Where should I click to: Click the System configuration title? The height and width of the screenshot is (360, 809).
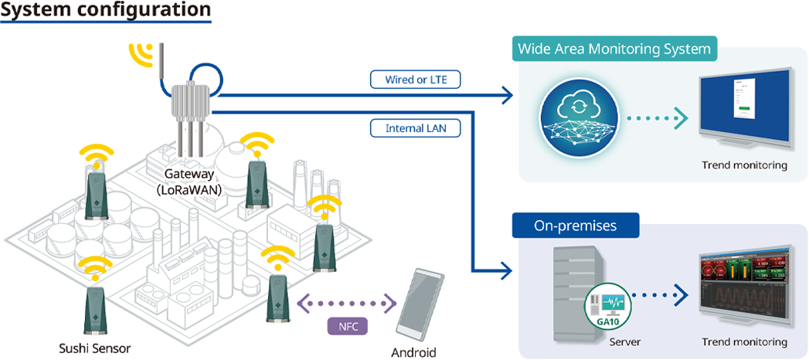click(x=106, y=11)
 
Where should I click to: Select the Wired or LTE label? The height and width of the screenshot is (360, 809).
click(x=414, y=80)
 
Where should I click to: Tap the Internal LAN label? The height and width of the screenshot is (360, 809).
click(x=414, y=128)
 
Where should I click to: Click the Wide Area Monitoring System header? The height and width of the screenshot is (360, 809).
click(x=614, y=49)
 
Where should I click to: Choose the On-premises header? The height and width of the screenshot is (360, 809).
click(x=576, y=226)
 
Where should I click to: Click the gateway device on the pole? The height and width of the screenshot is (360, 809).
click(x=189, y=100)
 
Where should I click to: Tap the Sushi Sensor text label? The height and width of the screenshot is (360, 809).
click(x=94, y=348)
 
